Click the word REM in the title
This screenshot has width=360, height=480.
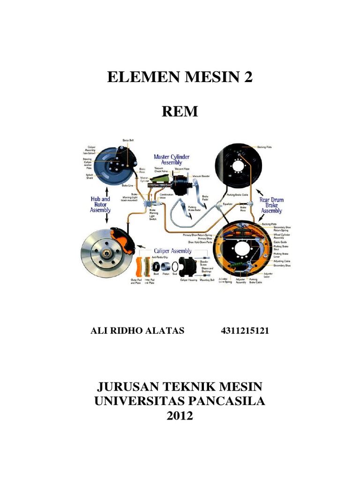tap(180, 112)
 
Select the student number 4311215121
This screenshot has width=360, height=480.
tap(245, 331)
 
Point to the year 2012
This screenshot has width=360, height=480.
tap(180, 415)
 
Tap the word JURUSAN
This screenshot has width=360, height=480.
tap(124, 387)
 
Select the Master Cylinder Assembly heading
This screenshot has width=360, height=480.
tap(172, 159)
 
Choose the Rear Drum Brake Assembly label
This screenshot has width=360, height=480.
tap(272, 205)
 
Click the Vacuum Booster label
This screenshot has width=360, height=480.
tap(199, 176)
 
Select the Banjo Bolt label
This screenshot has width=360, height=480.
tap(128, 140)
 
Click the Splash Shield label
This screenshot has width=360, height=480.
tap(90, 176)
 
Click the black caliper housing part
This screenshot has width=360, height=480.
tap(187, 269)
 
